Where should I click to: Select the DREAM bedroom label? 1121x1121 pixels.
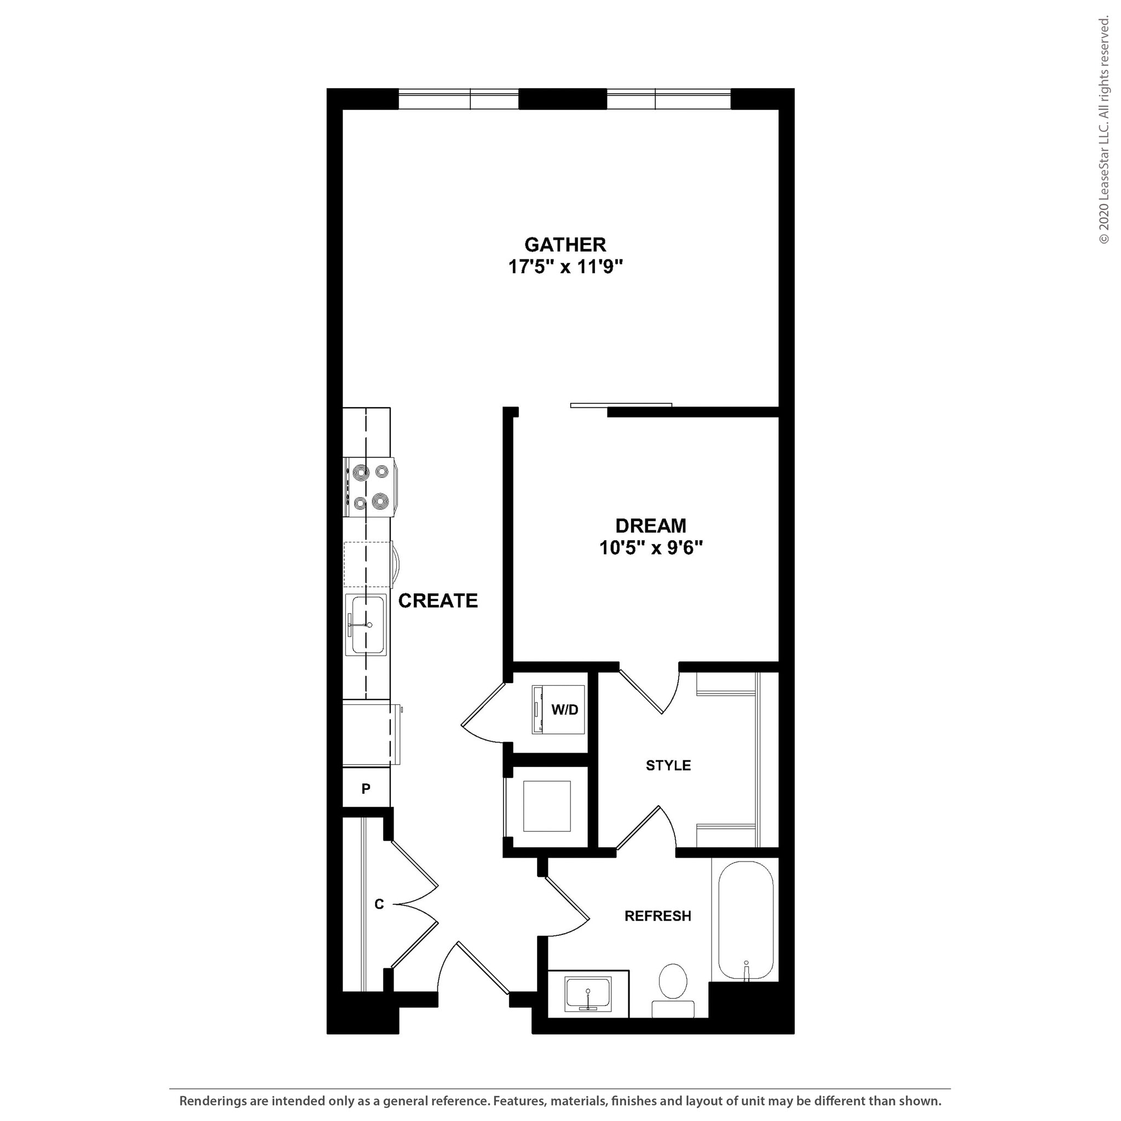click(x=650, y=525)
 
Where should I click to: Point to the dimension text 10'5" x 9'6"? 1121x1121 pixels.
click(x=650, y=548)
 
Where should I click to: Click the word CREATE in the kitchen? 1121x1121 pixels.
click(x=437, y=601)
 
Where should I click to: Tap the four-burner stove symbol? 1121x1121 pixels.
click(x=369, y=487)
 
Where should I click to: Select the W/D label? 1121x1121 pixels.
click(x=564, y=709)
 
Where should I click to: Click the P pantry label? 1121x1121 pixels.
click(x=366, y=789)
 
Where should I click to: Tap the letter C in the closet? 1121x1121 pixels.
click(x=379, y=904)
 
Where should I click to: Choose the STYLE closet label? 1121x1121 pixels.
click(x=668, y=766)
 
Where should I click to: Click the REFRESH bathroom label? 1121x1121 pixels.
click(x=657, y=916)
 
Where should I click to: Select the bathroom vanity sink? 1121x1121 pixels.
click(x=588, y=995)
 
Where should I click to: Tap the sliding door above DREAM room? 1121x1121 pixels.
click(x=621, y=405)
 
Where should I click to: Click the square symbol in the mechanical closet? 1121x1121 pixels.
click(x=547, y=806)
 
